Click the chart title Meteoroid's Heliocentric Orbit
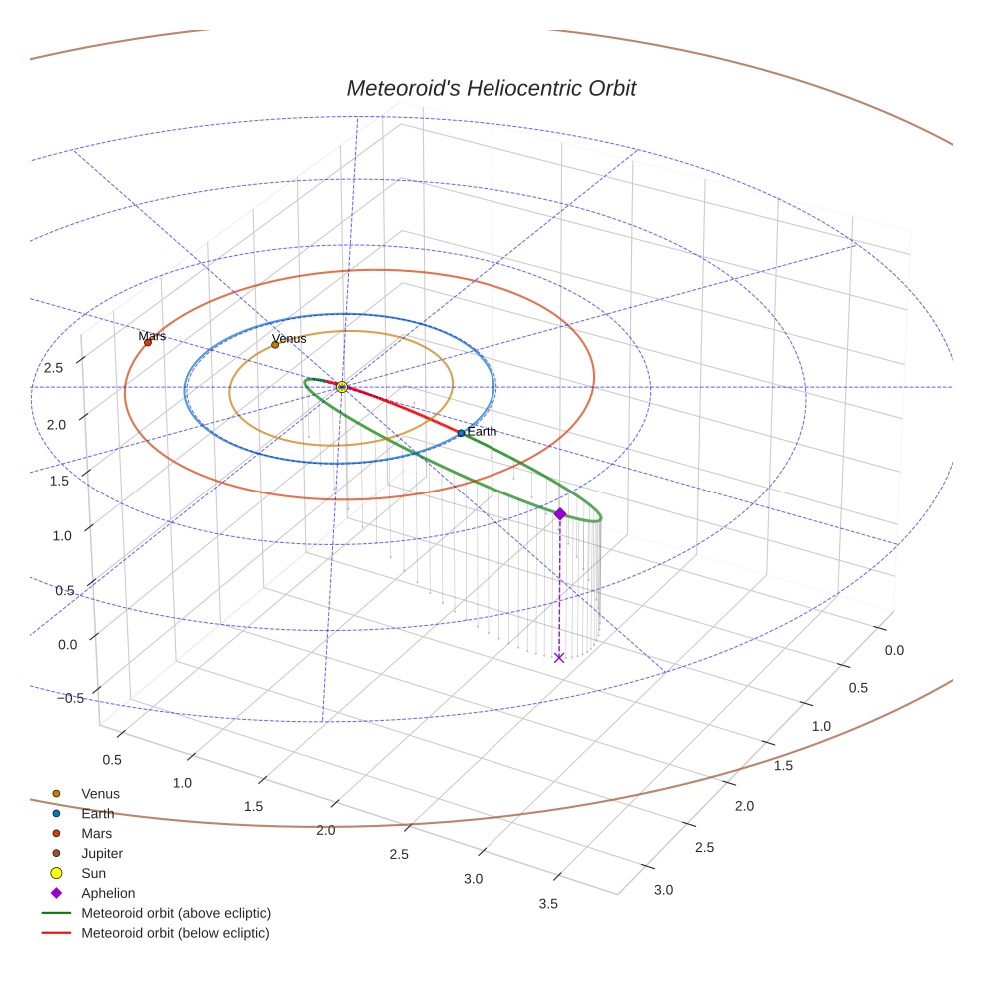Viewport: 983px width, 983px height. [491, 88]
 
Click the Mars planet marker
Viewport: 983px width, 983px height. [148, 342]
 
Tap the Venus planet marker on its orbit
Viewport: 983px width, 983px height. [275, 345]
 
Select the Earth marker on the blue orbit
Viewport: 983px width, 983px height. [461, 433]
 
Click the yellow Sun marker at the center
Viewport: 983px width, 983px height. [342, 387]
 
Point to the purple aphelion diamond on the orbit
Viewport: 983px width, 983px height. [560, 513]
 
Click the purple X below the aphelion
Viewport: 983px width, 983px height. [559, 657]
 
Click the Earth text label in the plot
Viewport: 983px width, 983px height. [482, 432]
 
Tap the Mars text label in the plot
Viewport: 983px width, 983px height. [152, 336]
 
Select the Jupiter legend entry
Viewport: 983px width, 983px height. [101, 853]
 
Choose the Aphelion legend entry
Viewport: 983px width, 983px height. [107, 893]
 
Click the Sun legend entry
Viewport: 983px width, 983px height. [93, 873]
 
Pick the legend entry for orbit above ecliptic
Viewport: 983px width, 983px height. [175, 913]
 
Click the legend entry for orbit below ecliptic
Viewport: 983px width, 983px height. [175, 933]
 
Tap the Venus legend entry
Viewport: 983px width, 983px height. [100, 793]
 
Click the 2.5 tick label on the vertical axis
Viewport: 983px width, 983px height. [54, 368]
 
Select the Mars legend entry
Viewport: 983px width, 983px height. [96, 833]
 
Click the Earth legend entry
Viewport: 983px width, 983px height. [97, 813]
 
